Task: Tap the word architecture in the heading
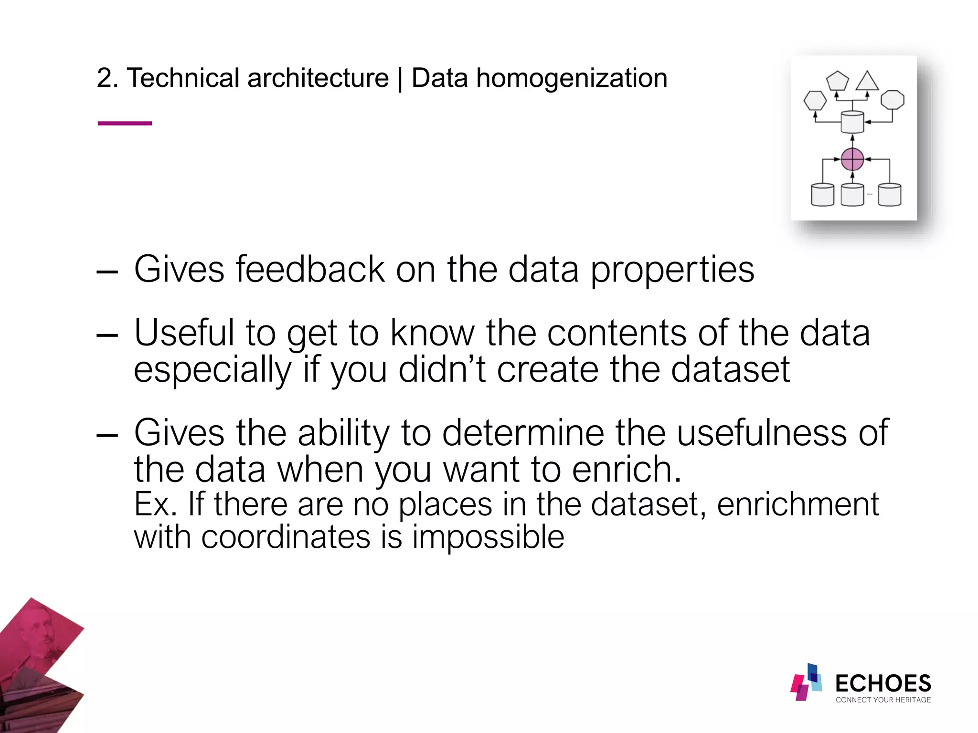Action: click(318, 78)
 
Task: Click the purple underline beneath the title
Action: click(125, 123)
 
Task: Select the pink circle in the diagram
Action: click(852, 159)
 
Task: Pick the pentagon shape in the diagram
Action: click(837, 81)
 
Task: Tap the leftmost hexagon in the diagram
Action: click(815, 101)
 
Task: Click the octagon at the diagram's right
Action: click(892, 100)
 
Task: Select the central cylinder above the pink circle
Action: click(852, 122)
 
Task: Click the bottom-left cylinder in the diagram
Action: click(822, 195)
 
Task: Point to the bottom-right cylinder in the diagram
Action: click(890, 195)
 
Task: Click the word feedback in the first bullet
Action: click(310, 270)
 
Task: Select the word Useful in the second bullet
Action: click(184, 333)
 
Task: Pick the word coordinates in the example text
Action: click(286, 537)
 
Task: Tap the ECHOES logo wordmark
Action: click(882, 683)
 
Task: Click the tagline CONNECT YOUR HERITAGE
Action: click(883, 700)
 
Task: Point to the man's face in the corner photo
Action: click(40, 638)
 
